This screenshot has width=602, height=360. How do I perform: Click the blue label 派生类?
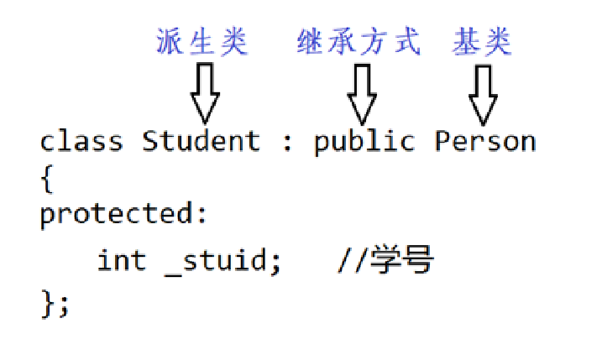point(202,41)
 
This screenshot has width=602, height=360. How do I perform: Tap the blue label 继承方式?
point(359,41)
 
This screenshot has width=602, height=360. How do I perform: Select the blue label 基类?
point(482,41)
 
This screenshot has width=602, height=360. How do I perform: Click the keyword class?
point(81,140)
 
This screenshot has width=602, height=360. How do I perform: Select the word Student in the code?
point(202,140)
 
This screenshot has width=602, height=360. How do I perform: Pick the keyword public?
point(364,141)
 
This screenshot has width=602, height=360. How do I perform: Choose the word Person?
point(484,140)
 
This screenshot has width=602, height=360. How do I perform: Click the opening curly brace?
point(46,178)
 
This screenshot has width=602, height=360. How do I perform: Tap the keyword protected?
point(118,215)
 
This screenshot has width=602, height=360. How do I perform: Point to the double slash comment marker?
point(352,261)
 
